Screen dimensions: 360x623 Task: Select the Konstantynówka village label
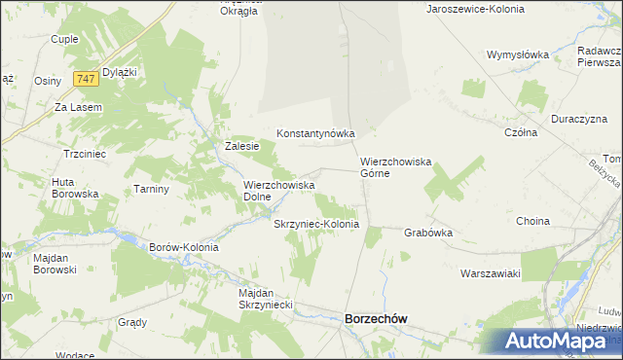[315, 133]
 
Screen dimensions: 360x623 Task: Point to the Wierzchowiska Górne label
[388, 167]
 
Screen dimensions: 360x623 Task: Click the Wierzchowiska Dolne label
[278, 190]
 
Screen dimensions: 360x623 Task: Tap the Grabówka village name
[428, 233]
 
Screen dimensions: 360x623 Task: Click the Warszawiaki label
[492, 273]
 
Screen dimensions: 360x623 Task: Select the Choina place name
[533, 221]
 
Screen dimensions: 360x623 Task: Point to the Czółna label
[521, 132]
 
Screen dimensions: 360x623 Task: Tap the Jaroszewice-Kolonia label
[475, 8]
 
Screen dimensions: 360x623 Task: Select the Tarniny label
[152, 189]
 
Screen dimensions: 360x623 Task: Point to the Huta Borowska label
[76, 187]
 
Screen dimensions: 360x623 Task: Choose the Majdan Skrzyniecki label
[265, 299]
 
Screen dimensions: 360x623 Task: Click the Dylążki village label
[119, 72]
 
